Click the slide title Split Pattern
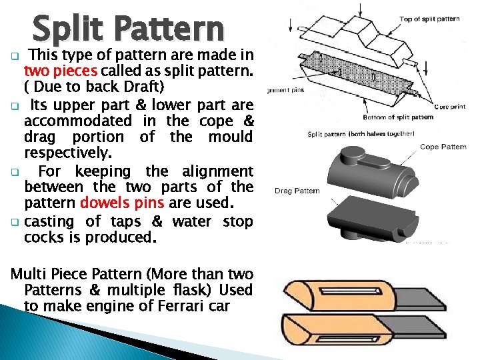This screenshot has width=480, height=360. [x=129, y=30]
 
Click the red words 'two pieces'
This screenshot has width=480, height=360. [x=61, y=71]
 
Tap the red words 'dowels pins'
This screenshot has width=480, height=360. [x=122, y=203]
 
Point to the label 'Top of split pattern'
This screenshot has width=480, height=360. [x=429, y=19]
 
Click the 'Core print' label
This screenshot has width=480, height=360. [x=450, y=107]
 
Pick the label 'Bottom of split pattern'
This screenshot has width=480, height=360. [x=398, y=117]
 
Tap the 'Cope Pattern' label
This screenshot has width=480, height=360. [x=443, y=147]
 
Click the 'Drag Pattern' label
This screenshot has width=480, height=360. [x=297, y=191]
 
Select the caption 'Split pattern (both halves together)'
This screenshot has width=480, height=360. [x=361, y=134]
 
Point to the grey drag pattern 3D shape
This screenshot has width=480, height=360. [x=373, y=219]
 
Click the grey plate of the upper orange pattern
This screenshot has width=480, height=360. [x=420, y=299]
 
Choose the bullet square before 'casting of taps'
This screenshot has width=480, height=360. [x=15, y=222]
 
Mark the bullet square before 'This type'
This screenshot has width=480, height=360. [x=15, y=56]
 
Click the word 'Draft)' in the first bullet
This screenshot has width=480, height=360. [x=144, y=87]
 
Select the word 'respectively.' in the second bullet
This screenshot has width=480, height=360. [x=68, y=153]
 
